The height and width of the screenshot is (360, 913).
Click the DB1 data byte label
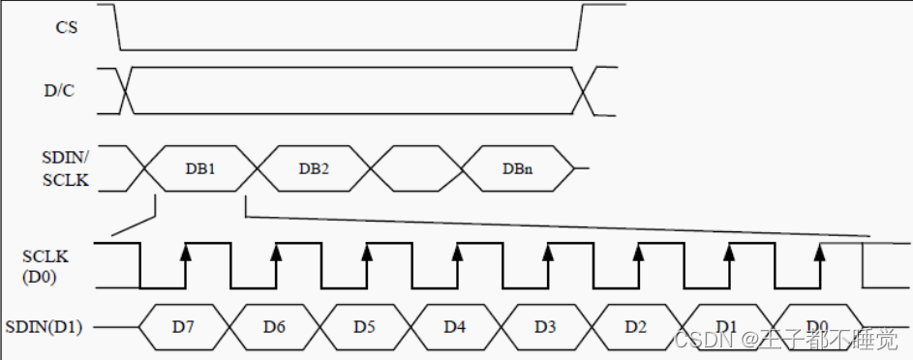pos(200,168)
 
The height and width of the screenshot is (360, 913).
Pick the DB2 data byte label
pos(314,168)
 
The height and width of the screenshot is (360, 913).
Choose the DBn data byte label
pos(516,168)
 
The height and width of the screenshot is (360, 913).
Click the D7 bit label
pos(183,327)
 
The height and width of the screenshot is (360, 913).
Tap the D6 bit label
pos(274,327)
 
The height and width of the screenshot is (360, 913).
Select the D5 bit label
pos(364,327)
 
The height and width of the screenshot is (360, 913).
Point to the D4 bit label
pos(455,327)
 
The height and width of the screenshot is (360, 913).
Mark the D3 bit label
pos(545,327)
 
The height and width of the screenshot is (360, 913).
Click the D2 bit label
pos(635,327)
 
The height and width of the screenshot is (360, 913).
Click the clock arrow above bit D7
pos(185,253)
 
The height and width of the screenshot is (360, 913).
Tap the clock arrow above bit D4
pos(457,253)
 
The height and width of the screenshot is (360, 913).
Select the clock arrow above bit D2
pos(638,253)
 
